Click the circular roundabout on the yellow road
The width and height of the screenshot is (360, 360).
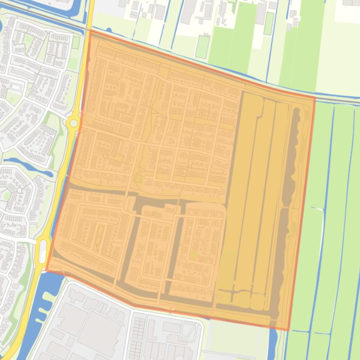pyautogui.click(x=73, y=123)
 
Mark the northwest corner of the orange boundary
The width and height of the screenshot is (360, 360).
pyautogui.click(x=89, y=31)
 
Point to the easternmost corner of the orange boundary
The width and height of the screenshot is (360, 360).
pyautogui.click(x=315, y=99)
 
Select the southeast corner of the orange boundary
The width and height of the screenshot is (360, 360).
pyautogui.click(x=288, y=330)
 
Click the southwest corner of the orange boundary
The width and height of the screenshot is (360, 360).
pyautogui.click(x=46, y=270)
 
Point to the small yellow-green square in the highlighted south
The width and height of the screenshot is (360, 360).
pyautogui.click(x=193, y=256)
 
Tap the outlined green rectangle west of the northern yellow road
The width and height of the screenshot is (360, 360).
pyautogui.click(x=75, y=43)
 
